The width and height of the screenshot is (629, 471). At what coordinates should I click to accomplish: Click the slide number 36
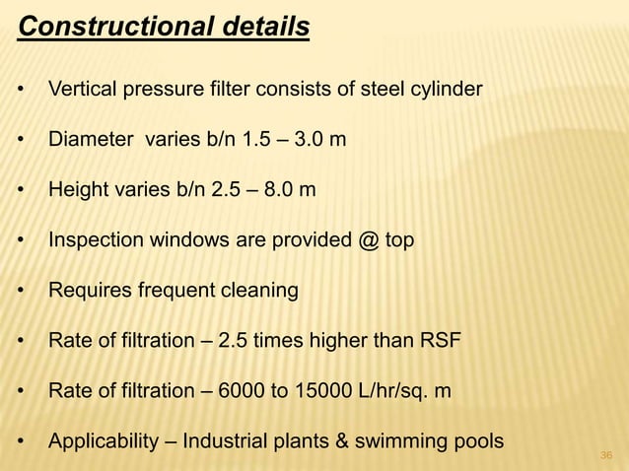pyautogui.click(x=606, y=454)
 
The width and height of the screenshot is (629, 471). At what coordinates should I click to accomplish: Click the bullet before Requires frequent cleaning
pyautogui.click(x=22, y=292)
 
